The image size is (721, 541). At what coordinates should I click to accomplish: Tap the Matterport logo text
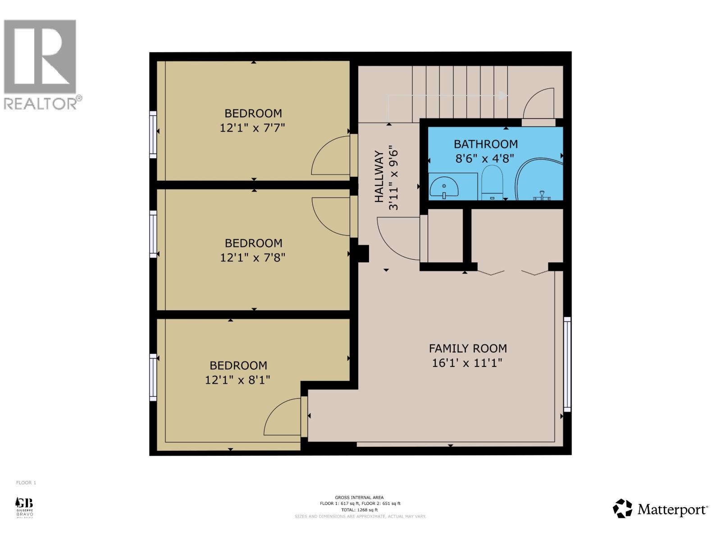pos(672,510)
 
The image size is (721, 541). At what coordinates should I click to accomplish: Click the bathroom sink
pos(444,187)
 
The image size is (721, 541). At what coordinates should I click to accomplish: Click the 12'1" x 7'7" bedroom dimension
pos(252,128)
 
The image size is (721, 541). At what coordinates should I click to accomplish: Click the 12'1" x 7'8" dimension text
pos(253,258)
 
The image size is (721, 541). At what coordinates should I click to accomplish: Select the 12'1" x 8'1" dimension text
pos(237,380)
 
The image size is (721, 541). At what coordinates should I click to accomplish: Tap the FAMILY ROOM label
pos(468,348)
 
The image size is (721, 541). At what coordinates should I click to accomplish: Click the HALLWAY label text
pos(379,177)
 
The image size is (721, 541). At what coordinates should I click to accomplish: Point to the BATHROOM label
pos(485,144)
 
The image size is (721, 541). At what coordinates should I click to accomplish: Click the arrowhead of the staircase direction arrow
pos(503,95)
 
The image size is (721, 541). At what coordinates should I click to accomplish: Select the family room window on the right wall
pos(567,364)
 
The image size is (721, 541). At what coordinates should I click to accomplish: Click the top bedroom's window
pos(153,134)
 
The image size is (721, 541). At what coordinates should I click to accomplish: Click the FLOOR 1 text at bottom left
pos(26,483)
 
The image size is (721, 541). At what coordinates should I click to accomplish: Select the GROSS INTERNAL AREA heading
pos(359,498)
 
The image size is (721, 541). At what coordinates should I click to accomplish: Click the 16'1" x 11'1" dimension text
pos(467,363)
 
